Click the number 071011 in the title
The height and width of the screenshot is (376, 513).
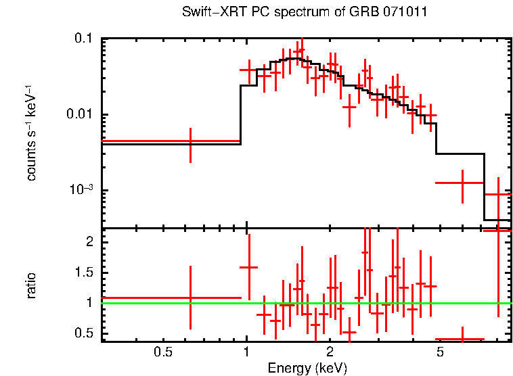pyautogui.click(x=406, y=13)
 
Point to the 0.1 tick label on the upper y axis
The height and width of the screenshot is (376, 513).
pyautogui.click(x=83, y=39)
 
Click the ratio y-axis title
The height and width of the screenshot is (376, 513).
pyautogui.click(x=31, y=285)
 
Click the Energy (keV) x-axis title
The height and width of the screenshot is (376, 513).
pyautogui.click(x=307, y=368)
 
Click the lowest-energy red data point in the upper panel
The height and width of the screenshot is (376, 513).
pyautogui.click(x=190, y=141)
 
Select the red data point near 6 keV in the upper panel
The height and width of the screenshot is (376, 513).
pyautogui.click(x=462, y=183)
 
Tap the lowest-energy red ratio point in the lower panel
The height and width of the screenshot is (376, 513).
pyautogui.click(x=190, y=298)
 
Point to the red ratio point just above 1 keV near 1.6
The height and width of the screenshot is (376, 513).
pyautogui.click(x=249, y=267)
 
